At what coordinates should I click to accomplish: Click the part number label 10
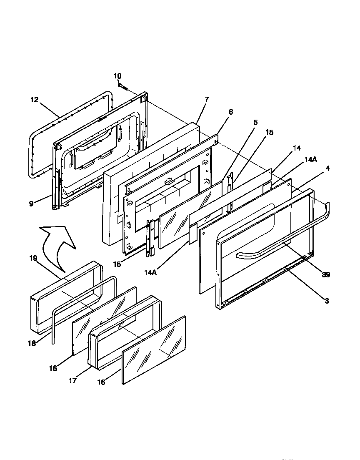click(x=117, y=76)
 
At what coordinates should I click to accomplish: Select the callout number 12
click(x=34, y=100)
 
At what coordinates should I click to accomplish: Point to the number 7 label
click(x=207, y=99)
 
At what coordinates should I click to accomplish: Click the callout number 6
click(x=231, y=112)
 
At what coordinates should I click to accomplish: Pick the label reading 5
click(x=255, y=123)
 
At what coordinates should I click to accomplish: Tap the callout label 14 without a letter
click(x=297, y=148)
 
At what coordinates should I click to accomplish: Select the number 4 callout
click(x=327, y=168)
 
